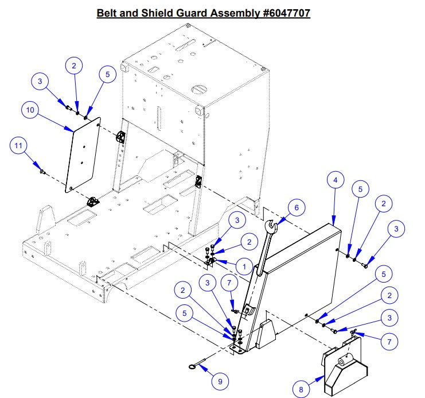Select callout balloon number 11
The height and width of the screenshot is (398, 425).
[x=20, y=147]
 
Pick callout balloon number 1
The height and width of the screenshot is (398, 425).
[x=244, y=266]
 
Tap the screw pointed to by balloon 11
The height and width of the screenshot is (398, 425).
[x=42, y=171]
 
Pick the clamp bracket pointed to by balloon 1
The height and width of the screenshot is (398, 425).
[x=210, y=262]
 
